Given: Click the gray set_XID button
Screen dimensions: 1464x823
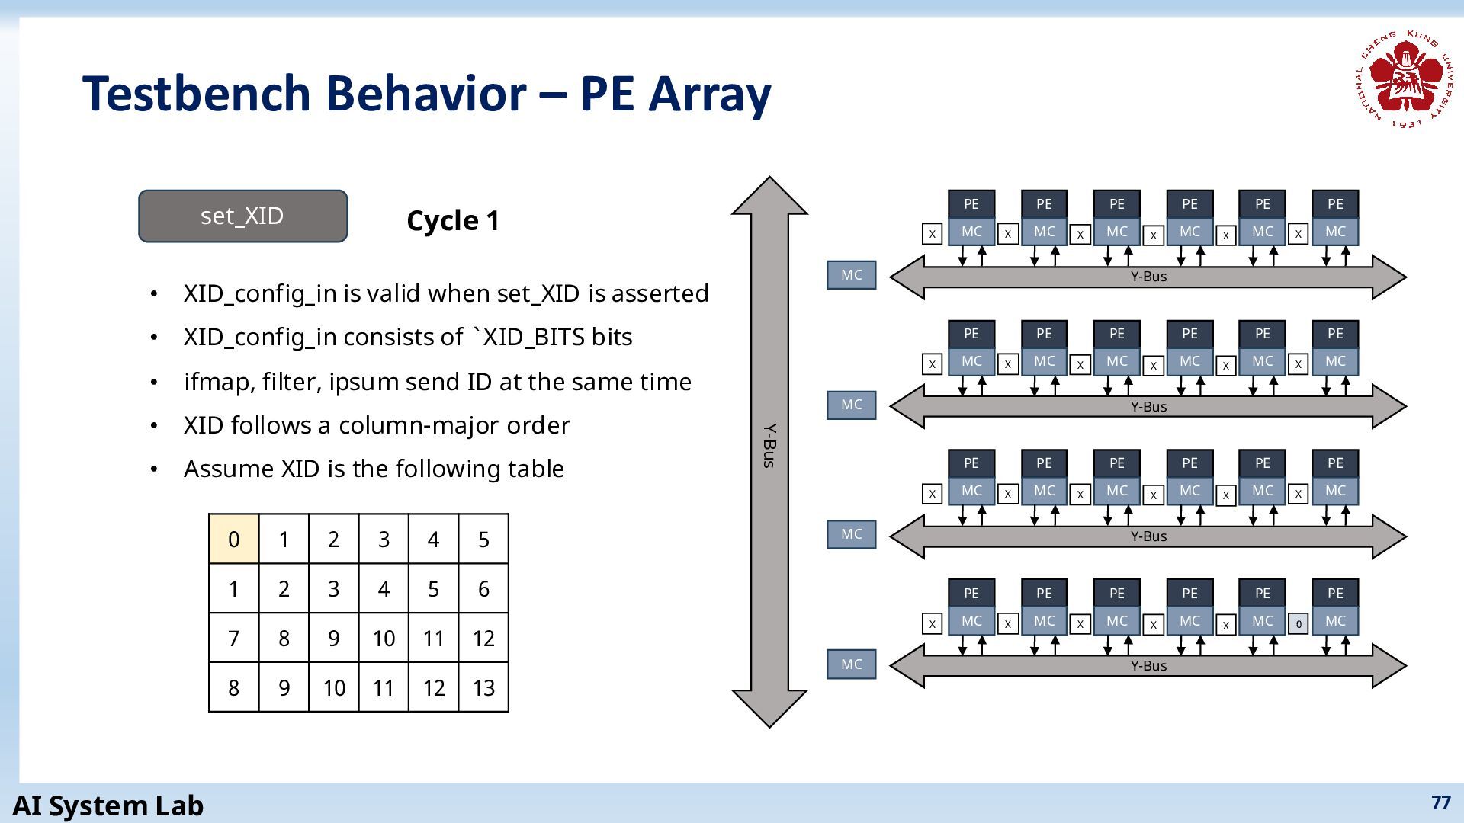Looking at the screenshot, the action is pos(242,216).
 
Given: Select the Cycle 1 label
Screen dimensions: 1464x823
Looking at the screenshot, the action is pos(453,221).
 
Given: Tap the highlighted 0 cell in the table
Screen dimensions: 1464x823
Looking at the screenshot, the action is pos(234,539).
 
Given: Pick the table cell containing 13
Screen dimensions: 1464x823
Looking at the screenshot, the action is pos(483,687).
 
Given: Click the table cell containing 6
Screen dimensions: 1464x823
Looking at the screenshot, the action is pos(483,588).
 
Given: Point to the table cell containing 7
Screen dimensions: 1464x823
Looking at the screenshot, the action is pos(234,638).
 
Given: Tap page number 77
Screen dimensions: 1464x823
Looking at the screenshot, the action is pos(1441,802).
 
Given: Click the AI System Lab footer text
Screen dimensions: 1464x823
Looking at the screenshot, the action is pos(108,805).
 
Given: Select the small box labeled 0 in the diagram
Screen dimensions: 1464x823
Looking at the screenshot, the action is pos(1299,624).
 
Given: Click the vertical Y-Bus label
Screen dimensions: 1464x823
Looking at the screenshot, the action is pos(769,446).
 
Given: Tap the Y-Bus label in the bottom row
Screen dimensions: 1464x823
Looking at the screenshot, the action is pos(1148,665).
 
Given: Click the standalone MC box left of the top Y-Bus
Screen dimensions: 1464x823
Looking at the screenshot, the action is pos(852,275).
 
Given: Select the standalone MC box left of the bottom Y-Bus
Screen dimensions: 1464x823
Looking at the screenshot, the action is pos(852,664).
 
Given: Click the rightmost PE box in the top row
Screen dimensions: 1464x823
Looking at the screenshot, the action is pos(1335,204).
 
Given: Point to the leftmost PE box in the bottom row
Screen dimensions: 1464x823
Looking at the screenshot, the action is pos(971,593).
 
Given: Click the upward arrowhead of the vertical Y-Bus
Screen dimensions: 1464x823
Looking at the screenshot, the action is pos(769,195).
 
